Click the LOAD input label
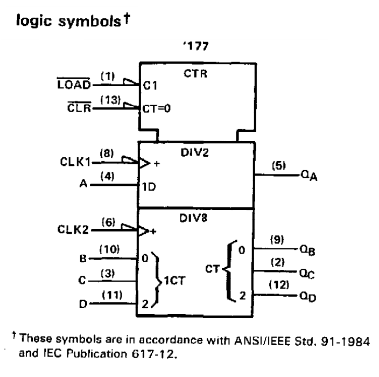click(x=75, y=86)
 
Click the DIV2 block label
click(x=194, y=153)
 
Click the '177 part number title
click(x=193, y=51)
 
